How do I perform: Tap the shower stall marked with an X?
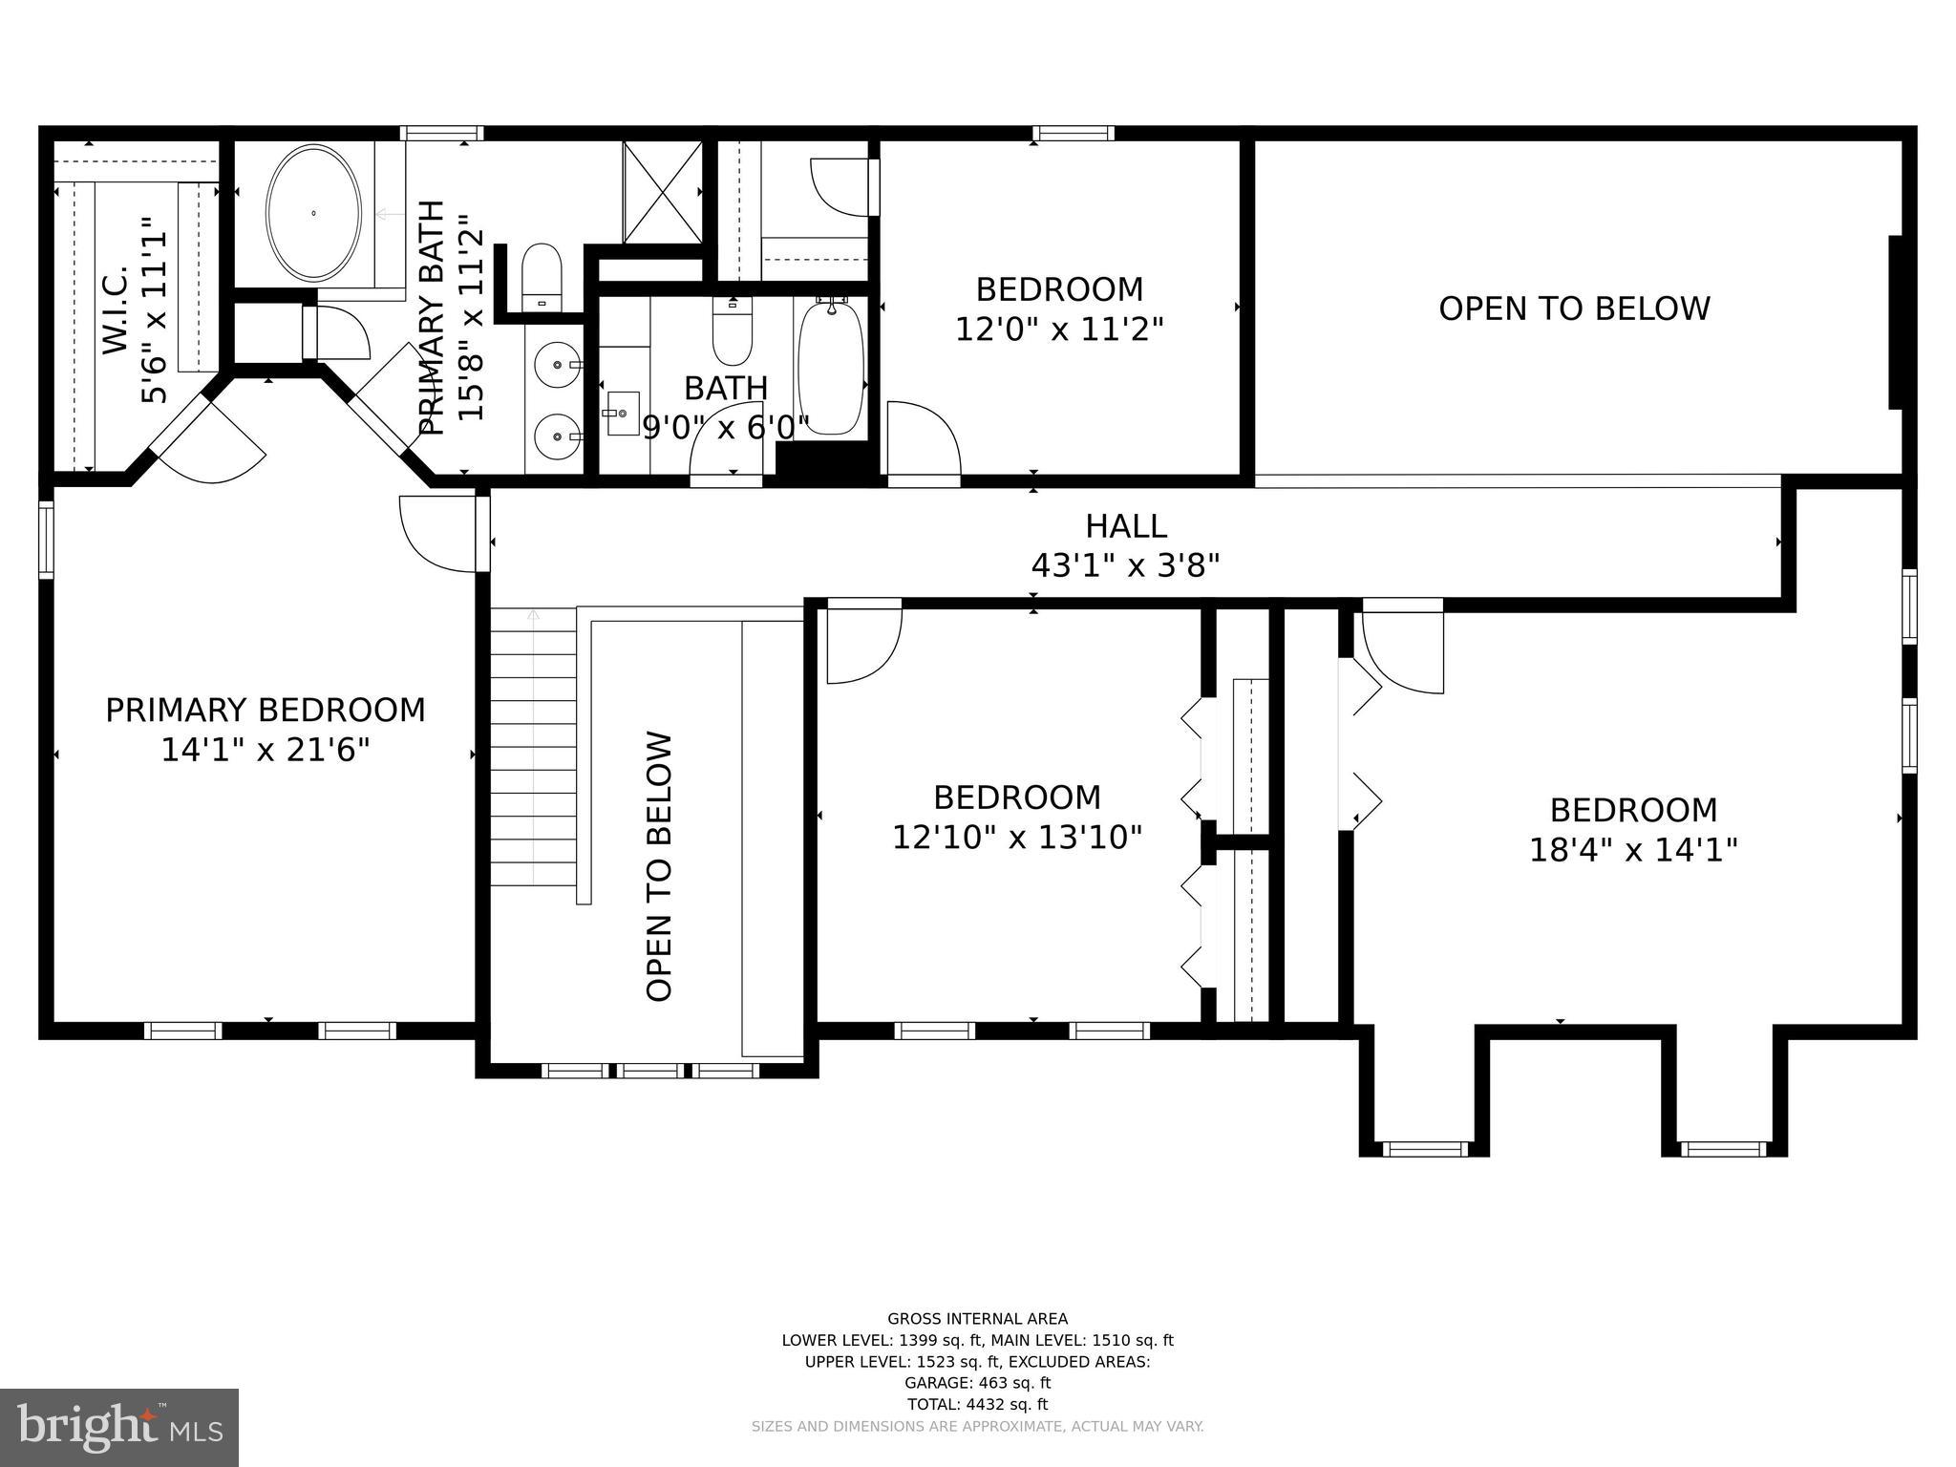pos(663,192)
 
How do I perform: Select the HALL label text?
pos(1125,526)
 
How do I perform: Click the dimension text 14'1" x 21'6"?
pos(265,751)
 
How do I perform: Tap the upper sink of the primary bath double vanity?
pos(557,364)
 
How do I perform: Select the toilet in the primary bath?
pos(542,273)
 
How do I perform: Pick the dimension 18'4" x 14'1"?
pos(1632,850)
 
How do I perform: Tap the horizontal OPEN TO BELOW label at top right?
pos(1573,308)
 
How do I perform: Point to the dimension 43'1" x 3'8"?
pos(1125,566)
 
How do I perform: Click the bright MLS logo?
pos(119,1427)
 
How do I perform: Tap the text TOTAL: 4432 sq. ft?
pos(977,1404)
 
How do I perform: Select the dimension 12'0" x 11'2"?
pos(1059,330)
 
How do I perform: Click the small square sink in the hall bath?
pos(623,414)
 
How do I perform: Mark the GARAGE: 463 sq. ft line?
pos(977,1382)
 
